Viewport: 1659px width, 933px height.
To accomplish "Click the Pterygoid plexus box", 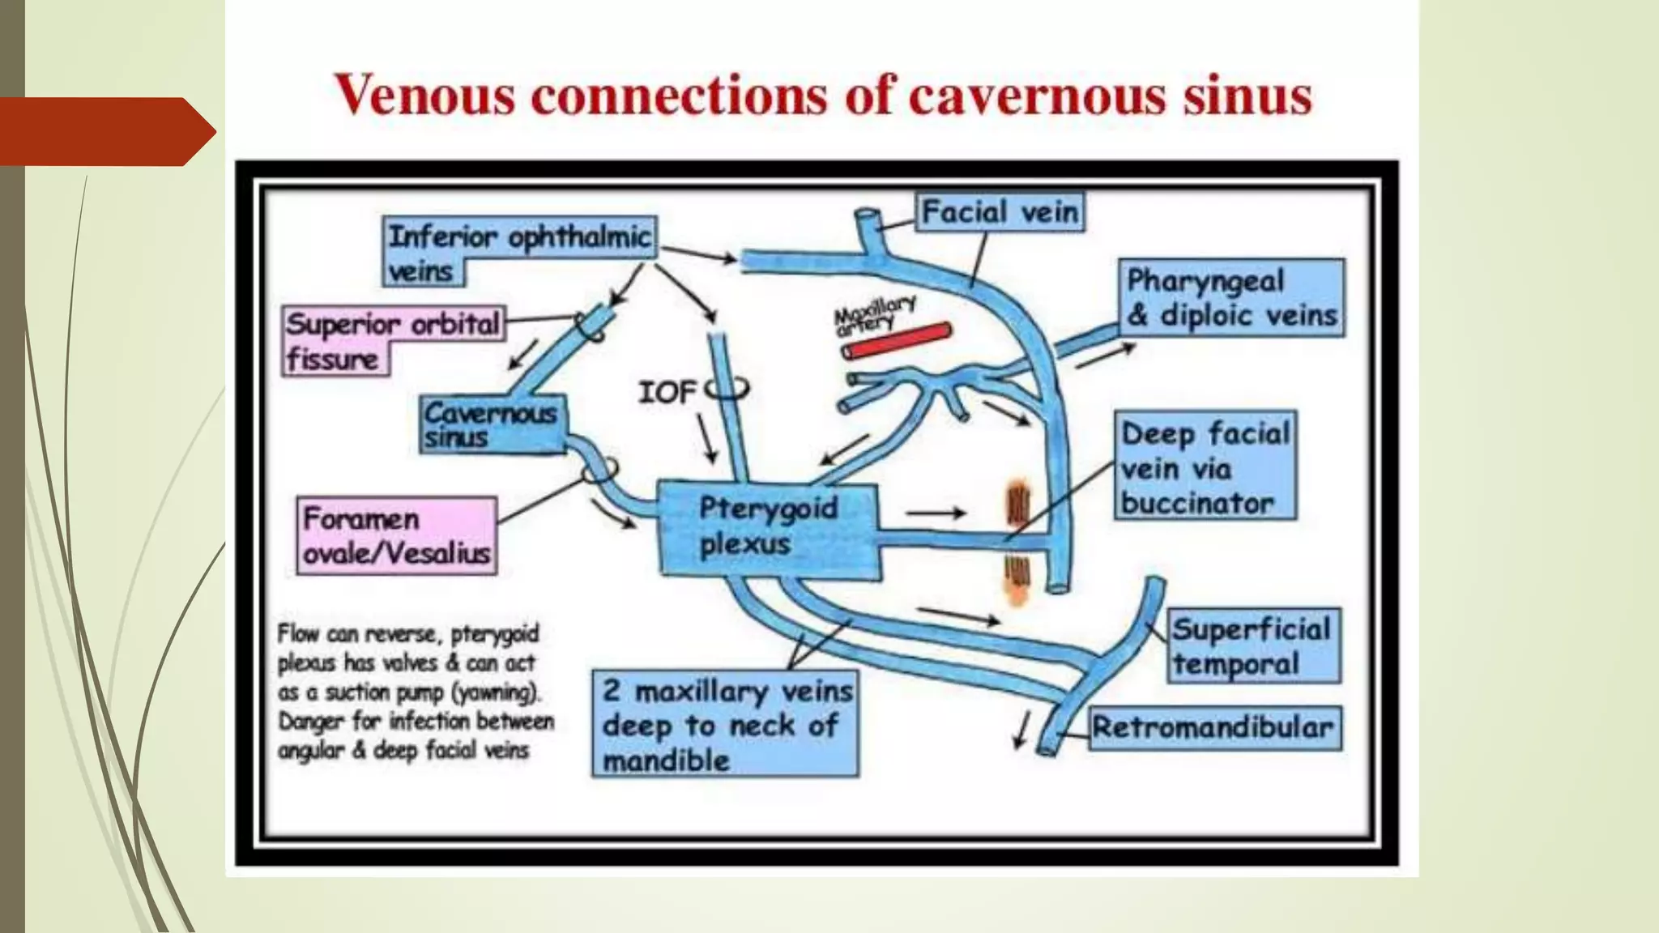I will [x=768, y=528].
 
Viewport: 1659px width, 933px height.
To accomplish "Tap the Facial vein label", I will [x=1000, y=213].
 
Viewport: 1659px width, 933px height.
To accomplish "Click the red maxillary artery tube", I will [x=897, y=340].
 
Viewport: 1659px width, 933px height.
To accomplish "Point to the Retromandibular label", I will [x=1213, y=727].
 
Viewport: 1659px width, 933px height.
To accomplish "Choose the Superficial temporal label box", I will [x=1252, y=646].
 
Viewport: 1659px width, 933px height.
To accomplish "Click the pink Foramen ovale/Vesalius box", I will [x=396, y=536].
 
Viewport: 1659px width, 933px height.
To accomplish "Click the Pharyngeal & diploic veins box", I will [x=1231, y=298].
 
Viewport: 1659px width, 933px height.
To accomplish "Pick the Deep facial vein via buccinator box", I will [x=1205, y=467].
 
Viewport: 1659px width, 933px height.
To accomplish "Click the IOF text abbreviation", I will [x=666, y=393].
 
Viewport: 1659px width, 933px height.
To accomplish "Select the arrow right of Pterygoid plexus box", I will [x=936, y=513].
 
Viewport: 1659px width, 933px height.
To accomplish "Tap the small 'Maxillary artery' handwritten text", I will [x=873, y=314].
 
